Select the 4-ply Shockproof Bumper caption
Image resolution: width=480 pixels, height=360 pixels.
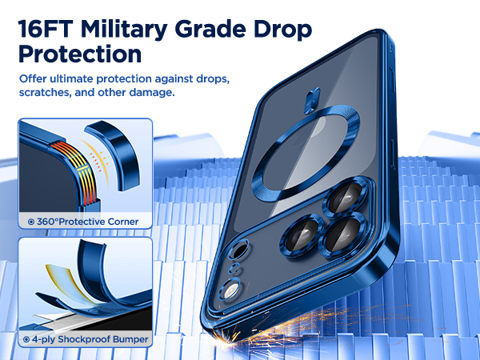pyautogui.click(x=89, y=339)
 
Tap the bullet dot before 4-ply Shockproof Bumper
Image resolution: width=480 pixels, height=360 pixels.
pyautogui.click(x=26, y=339)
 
